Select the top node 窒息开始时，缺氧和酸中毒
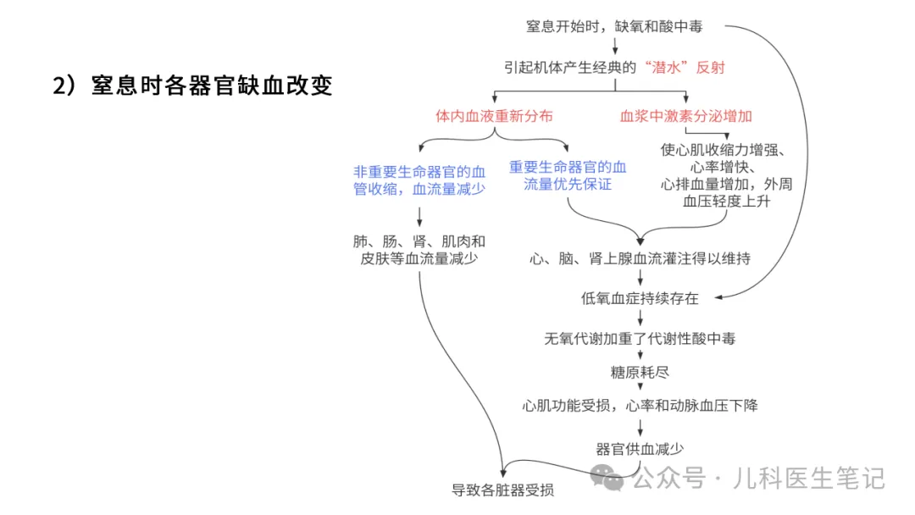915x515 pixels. tap(614, 26)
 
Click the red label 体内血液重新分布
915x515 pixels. tap(494, 115)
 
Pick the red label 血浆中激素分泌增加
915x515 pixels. tap(686, 115)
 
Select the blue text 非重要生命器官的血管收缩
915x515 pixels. tap(419, 180)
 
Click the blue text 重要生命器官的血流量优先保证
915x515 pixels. tap(568, 175)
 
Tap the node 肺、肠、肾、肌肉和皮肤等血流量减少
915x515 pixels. tap(419, 250)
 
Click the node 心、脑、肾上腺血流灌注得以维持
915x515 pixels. tap(640, 257)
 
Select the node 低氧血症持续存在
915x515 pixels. tap(640, 298)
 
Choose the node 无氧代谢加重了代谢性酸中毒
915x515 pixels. tap(640, 339)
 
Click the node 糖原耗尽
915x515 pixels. tap(640, 372)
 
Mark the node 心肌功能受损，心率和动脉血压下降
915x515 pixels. tap(640, 406)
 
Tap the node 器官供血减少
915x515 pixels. tap(640, 449)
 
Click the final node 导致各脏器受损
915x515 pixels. tap(503, 490)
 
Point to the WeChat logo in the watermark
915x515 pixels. tap(607, 477)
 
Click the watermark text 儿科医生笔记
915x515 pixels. tap(811, 478)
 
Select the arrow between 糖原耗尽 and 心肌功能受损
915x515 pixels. tap(640, 389)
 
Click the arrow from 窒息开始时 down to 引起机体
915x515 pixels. tap(615, 47)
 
